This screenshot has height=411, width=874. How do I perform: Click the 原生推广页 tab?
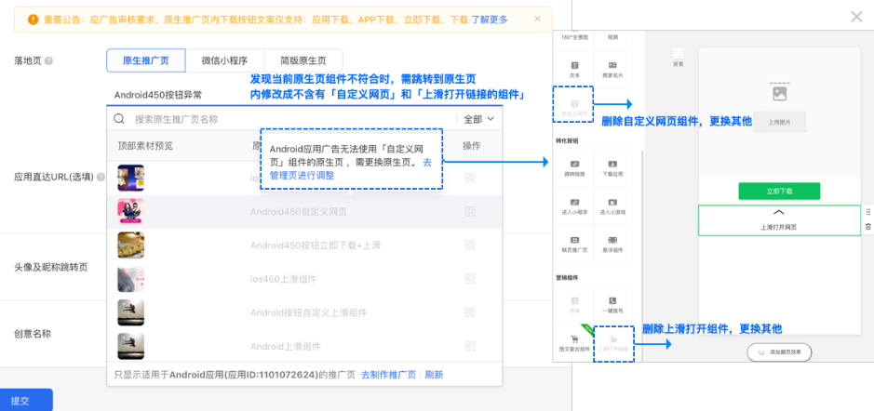[145, 60]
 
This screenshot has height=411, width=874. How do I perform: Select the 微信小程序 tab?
[224, 60]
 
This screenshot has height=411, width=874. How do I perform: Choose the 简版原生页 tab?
[303, 60]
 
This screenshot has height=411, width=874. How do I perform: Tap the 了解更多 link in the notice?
[490, 19]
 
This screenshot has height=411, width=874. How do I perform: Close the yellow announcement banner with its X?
[537, 19]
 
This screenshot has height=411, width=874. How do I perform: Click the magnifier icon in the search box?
[119, 119]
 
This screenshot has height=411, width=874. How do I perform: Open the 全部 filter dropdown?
[478, 119]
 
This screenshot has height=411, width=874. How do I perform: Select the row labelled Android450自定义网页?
[298, 211]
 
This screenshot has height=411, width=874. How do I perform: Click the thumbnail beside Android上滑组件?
[130, 346]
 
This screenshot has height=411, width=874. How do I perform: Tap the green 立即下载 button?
[779, 191]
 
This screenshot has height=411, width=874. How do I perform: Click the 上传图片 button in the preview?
[779, 122]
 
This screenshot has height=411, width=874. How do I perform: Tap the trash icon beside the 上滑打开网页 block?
[868, 226]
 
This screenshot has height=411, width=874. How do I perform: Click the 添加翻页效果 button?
[779, 352]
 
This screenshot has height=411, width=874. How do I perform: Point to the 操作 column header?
[472, 146]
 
